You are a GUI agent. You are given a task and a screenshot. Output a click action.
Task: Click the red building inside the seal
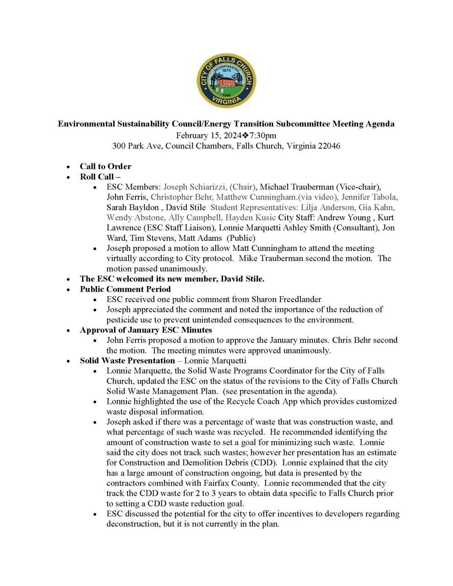[x=226, y=83]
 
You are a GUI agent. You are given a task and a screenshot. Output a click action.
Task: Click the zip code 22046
[x=328, y=146]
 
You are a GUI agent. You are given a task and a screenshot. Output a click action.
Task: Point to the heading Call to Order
[x=105, y=166]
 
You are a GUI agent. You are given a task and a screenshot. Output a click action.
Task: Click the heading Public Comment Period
[x=125, y=289]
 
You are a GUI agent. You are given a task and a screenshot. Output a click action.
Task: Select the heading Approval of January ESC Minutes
[x=146, y=330]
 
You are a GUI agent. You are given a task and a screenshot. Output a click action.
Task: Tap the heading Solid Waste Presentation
[x=127, y=360]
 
